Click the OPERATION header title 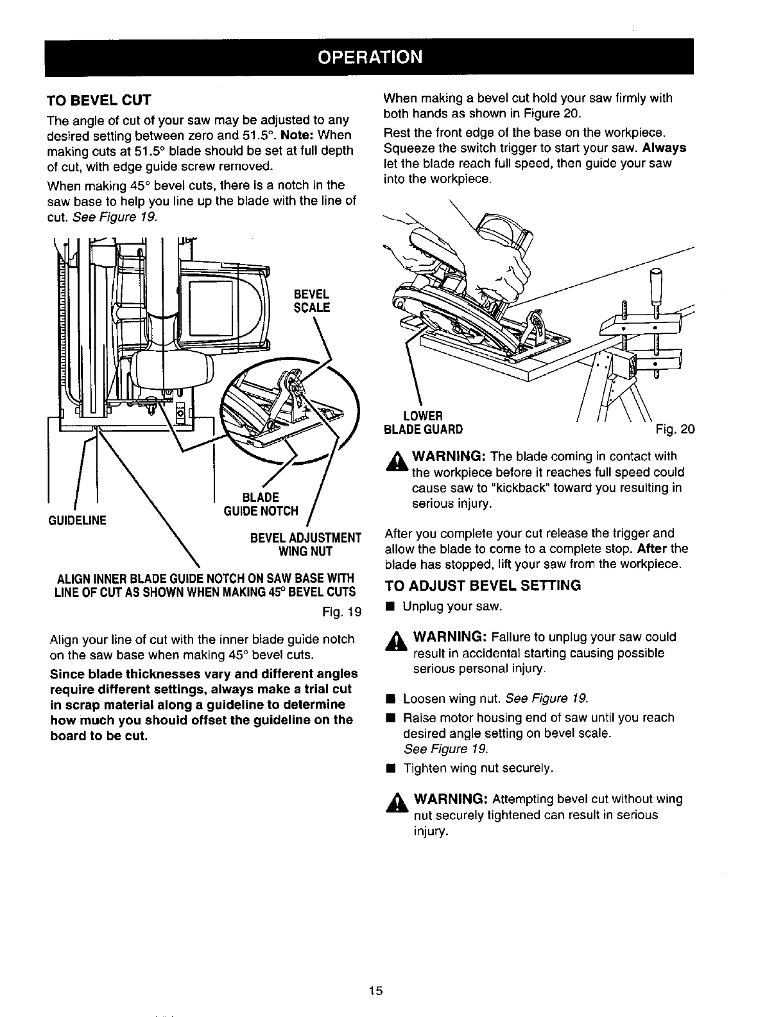point(370,57)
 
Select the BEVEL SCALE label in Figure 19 point(311,301)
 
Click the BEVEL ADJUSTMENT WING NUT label point(305,544)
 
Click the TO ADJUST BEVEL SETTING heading point(482,585)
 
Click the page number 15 point(375,990)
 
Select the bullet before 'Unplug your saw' point(388,607)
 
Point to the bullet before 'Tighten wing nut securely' point(388,769)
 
